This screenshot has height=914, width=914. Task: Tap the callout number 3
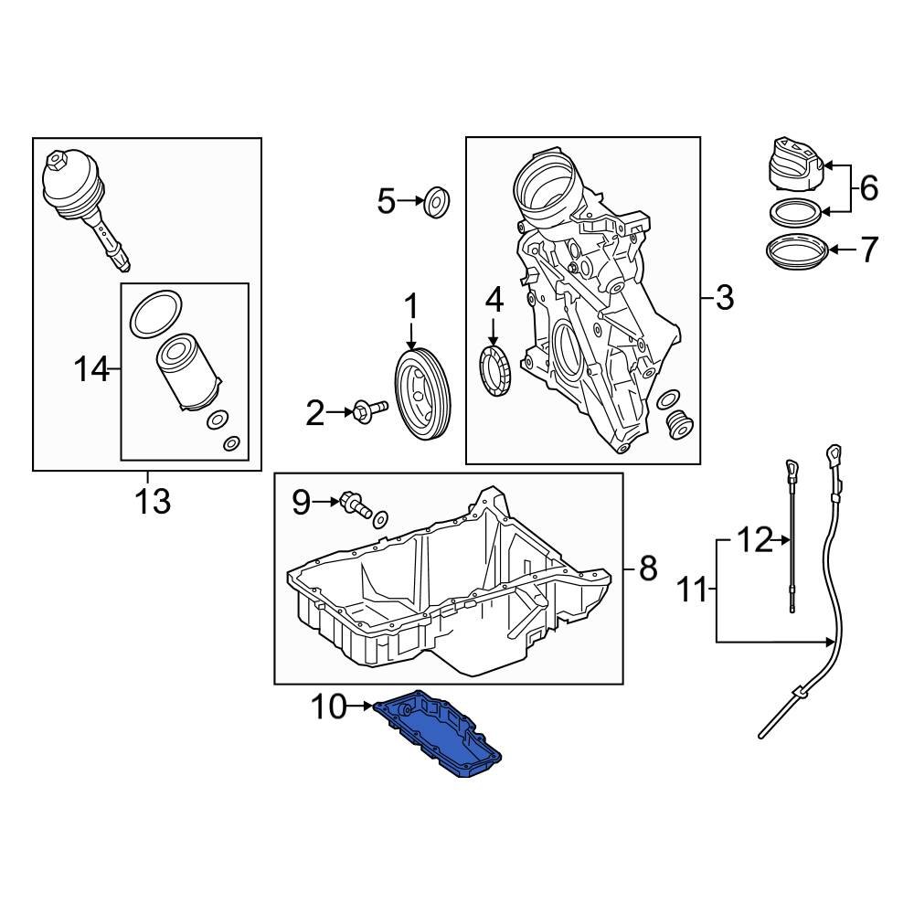tap(724, 297)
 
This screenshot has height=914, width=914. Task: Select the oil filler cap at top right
tap(792, 167)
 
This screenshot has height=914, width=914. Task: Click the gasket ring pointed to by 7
tap(795, 251)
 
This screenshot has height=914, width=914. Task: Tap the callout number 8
tap(647, 569)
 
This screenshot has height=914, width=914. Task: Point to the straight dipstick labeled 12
tap(792, 539)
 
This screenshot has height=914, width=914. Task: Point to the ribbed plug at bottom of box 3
tap(678, 426)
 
